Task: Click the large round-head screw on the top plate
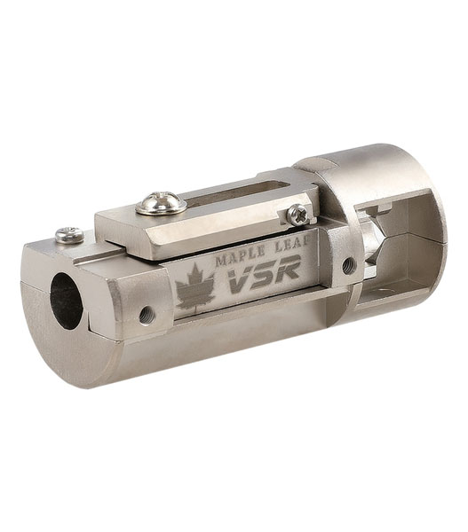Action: click(161, 203)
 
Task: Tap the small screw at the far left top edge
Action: click(69, 235)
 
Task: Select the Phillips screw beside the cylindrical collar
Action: click(298, 215)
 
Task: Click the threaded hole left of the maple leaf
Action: click(147, 315)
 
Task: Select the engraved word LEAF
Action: click(294, 242)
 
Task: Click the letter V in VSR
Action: click(241, 279)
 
